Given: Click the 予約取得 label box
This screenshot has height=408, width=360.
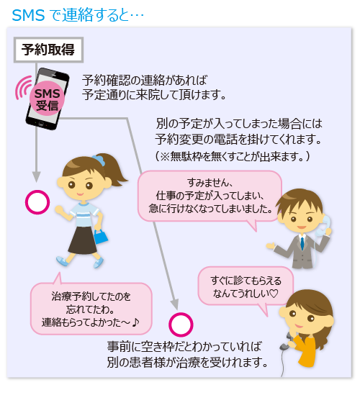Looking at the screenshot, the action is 48,50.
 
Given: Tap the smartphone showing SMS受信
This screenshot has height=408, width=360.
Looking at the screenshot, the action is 48,99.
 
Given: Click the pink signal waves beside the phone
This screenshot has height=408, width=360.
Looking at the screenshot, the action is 22,88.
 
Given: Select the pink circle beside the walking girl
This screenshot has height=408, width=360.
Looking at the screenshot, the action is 37,202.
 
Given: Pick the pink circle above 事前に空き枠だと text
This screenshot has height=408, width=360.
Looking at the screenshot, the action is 181,325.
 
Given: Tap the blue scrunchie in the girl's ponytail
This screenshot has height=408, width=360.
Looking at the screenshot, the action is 99,159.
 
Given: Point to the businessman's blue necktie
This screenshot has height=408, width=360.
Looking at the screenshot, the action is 302,243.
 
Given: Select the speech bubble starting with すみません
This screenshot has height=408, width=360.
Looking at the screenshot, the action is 210,196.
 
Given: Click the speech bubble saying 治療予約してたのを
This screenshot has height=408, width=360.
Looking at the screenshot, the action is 91,307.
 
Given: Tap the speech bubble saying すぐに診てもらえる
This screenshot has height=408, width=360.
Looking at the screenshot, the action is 246,286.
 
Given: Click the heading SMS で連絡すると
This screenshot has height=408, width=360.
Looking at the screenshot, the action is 78,15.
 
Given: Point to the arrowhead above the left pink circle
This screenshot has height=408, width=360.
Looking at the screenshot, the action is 37,176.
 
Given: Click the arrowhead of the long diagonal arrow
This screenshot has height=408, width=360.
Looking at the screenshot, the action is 174,304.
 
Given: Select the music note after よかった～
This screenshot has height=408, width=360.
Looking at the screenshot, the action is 135,322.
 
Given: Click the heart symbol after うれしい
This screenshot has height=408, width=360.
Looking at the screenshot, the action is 274,294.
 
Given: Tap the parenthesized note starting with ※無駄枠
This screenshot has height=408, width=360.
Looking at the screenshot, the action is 233,156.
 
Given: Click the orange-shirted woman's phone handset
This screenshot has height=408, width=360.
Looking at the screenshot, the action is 288,341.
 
